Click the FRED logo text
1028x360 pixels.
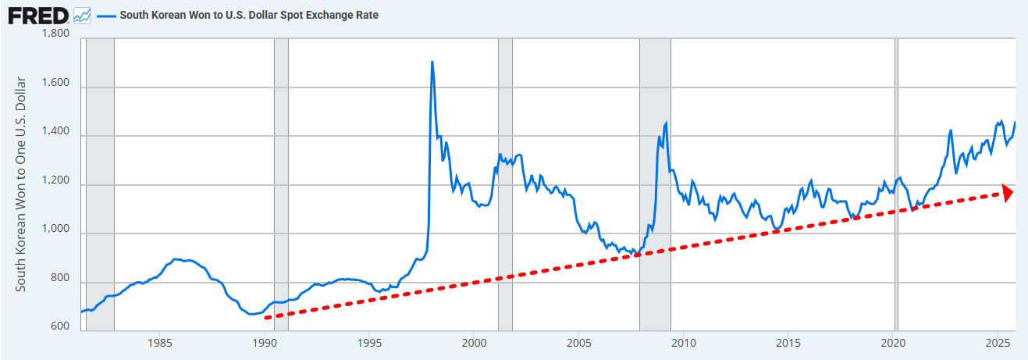pyautogui.click(x=37, y=15)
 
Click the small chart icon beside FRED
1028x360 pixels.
pyautogui.click(x=82, y=15)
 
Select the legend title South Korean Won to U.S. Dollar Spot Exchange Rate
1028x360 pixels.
pyautogui.click(x=249, y=15)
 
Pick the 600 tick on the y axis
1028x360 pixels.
pyautogui.click(x=59, y=327)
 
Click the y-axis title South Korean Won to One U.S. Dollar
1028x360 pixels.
pyautogui.click(x=22, y=184)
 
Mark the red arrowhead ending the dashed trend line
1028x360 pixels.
pyautogui.click(x=1008, y=193)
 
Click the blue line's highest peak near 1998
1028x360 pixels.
pyautogui.click(x=432, y=62)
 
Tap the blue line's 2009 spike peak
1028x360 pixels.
pyautogui.click(x=666, y=123)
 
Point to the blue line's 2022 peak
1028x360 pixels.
pyautogui.click(x=950, y=130)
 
